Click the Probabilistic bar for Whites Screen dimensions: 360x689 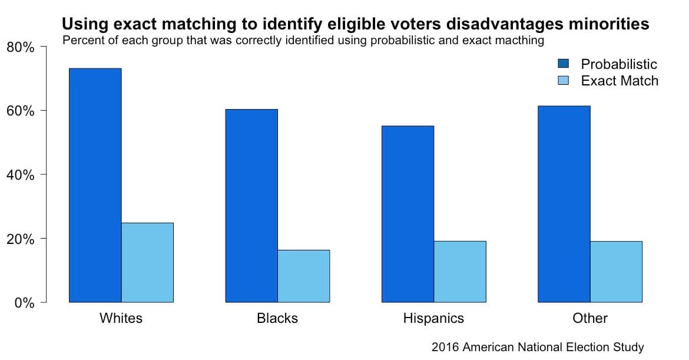point(95,186)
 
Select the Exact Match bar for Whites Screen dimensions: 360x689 point(147,263)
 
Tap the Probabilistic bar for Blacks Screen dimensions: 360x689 point(251,206)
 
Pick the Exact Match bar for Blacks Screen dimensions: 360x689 point(303,276)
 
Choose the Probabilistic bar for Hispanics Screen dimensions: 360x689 point(408,214)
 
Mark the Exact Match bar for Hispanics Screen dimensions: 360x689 point(459,272)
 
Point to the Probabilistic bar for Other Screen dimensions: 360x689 point(564,204)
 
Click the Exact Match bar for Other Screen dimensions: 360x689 point(616,272)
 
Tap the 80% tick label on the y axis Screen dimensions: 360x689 point(20,47)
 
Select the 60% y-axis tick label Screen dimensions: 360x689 point(20,111)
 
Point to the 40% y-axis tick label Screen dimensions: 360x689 point(20,175)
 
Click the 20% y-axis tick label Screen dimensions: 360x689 point(20,239)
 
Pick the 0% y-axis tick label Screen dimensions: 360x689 point(24,303)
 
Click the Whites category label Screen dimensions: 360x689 point(121,319)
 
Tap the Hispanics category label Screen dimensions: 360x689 point(433,319)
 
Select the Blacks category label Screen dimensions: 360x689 point(277,319)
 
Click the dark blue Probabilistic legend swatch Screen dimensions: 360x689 point(563,64)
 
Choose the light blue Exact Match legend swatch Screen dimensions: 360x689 point(563,81)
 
